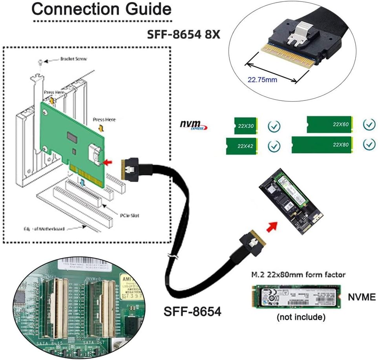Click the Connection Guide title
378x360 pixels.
pyautogui.click(x=101, y=9)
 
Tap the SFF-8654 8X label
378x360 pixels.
pyautogui.click(x=184, y=35)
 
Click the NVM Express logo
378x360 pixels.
pyautogui.click(x=194, y=125)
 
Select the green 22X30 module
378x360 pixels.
pyautogui.click(x=245, y=126)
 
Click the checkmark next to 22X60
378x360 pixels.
pyautogui.click(x=369, y=124)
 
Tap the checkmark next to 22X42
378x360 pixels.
pyautogui.click(x=274, y=146)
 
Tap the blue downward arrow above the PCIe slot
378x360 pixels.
pyautogui.click(x=81, y=183)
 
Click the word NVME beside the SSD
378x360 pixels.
pyautogui.click(x=362, y=297)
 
